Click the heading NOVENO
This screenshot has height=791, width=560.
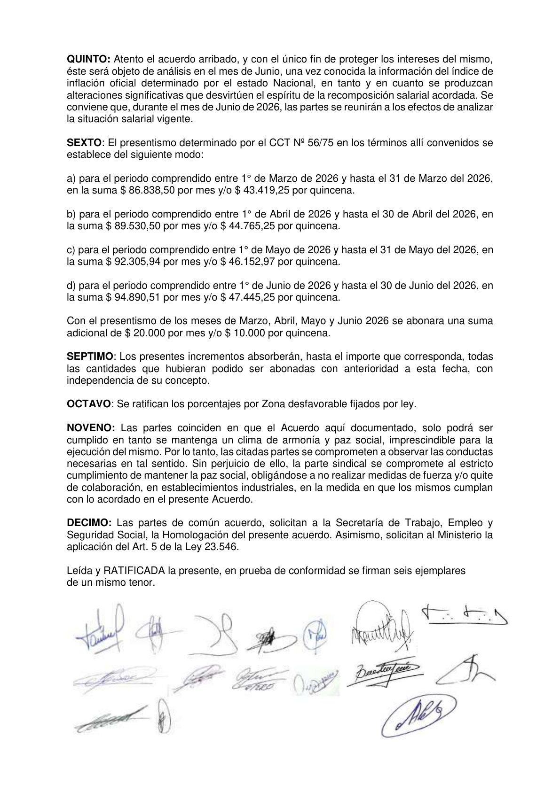91,428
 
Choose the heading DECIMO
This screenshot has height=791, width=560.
89,523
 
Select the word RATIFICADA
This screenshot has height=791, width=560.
134,571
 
